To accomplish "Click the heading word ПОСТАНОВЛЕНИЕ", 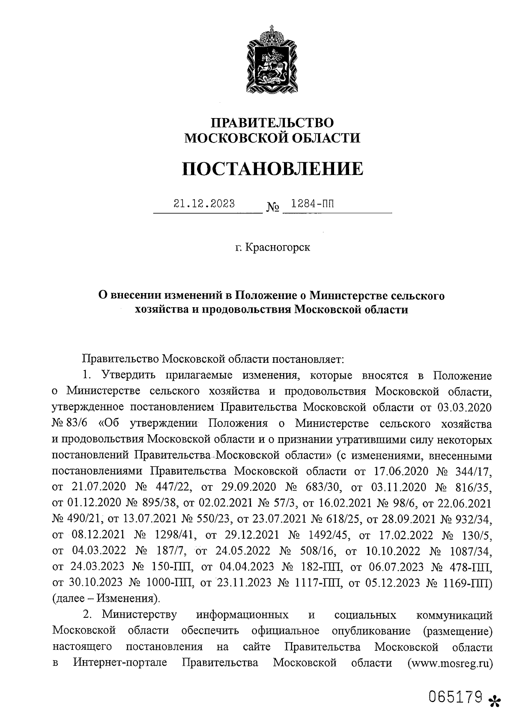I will [x=272, y=169].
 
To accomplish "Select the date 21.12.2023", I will [x=204, y=204].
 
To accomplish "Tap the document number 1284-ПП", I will [x=312, y=204].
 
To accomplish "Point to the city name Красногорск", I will [x=278, y=247].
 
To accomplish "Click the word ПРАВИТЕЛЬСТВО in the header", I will [x=272, y=122].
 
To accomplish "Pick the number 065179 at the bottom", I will [x=456, y=697].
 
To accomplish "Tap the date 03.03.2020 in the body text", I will [x=464, y=406].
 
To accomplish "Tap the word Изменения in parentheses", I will [x=125, y=598].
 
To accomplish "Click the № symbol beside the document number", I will [x=273, y=207].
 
